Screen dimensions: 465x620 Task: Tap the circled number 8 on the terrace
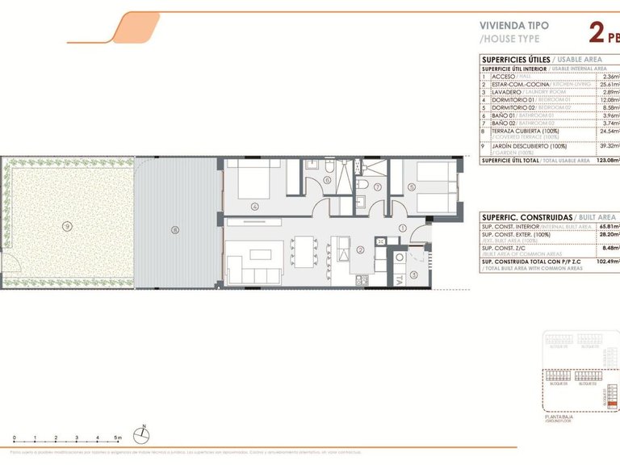[x=174, y=230]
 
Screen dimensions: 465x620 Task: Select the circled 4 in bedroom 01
[x=255, y=206]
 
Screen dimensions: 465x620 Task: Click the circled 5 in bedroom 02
[x=411, y=187]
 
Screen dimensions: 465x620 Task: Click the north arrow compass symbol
[x=142, y=434]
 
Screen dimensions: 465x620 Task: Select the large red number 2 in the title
[x=597, y=32]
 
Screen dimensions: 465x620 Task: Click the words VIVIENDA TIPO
[x=514, y=26]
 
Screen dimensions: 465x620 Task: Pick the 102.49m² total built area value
[x=606, y=262]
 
